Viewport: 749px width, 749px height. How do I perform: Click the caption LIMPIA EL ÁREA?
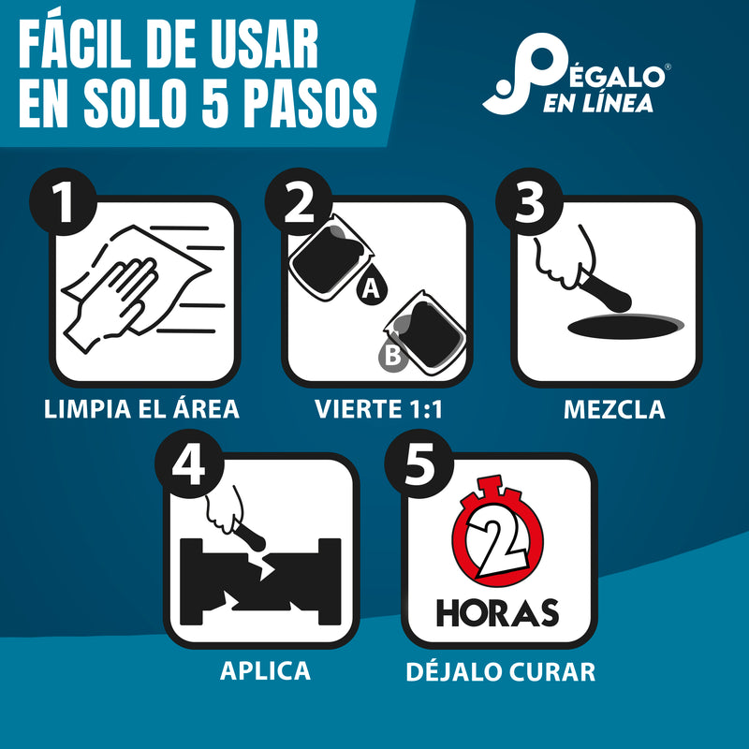tap(141, 409)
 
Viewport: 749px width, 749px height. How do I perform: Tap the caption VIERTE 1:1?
tap(376, 409)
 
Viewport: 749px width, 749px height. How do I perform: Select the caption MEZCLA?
tap(614, 409)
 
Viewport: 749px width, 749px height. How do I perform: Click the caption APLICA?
tap(265, 670)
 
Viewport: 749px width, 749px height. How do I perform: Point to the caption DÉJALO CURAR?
tap(501, 671)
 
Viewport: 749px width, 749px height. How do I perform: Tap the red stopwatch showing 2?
tap(498, 539)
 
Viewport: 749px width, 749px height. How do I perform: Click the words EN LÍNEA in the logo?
tap(598, 104)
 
